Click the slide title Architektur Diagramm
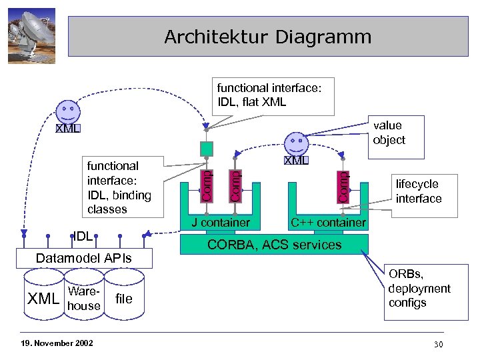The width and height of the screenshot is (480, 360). (268, 36)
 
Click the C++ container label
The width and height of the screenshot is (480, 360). (327, 222)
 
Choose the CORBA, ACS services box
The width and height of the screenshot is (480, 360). (275, 245)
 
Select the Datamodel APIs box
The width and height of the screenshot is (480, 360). (84, 258)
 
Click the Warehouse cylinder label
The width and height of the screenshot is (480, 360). (84, 299)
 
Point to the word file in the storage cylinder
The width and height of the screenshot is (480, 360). (125, 299)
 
